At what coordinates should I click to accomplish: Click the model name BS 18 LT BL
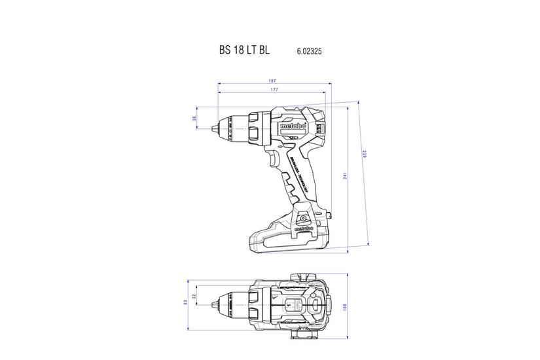coord(243,50)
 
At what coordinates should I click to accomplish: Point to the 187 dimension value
coord(272,81)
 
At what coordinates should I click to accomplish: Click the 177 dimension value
coord(274,89)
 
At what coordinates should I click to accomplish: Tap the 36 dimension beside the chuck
coord(194,118)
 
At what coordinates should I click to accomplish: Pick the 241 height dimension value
coord(344,177)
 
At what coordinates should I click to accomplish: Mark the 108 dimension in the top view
coord(345,306)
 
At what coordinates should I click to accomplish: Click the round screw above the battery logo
coord(303,211)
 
